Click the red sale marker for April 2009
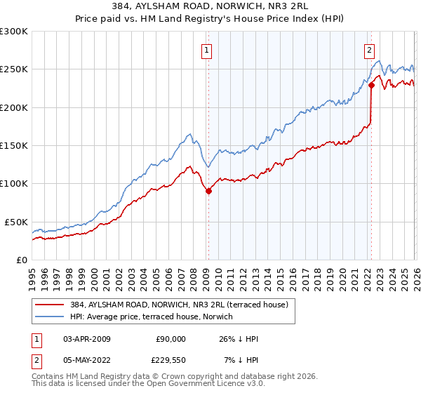[x=208, y=191]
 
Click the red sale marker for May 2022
[x=371, y=86]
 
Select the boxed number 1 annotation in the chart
[x=208, y=50]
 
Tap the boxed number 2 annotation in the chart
[x=369, y=50]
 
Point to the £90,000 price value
[x=171, y=339]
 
